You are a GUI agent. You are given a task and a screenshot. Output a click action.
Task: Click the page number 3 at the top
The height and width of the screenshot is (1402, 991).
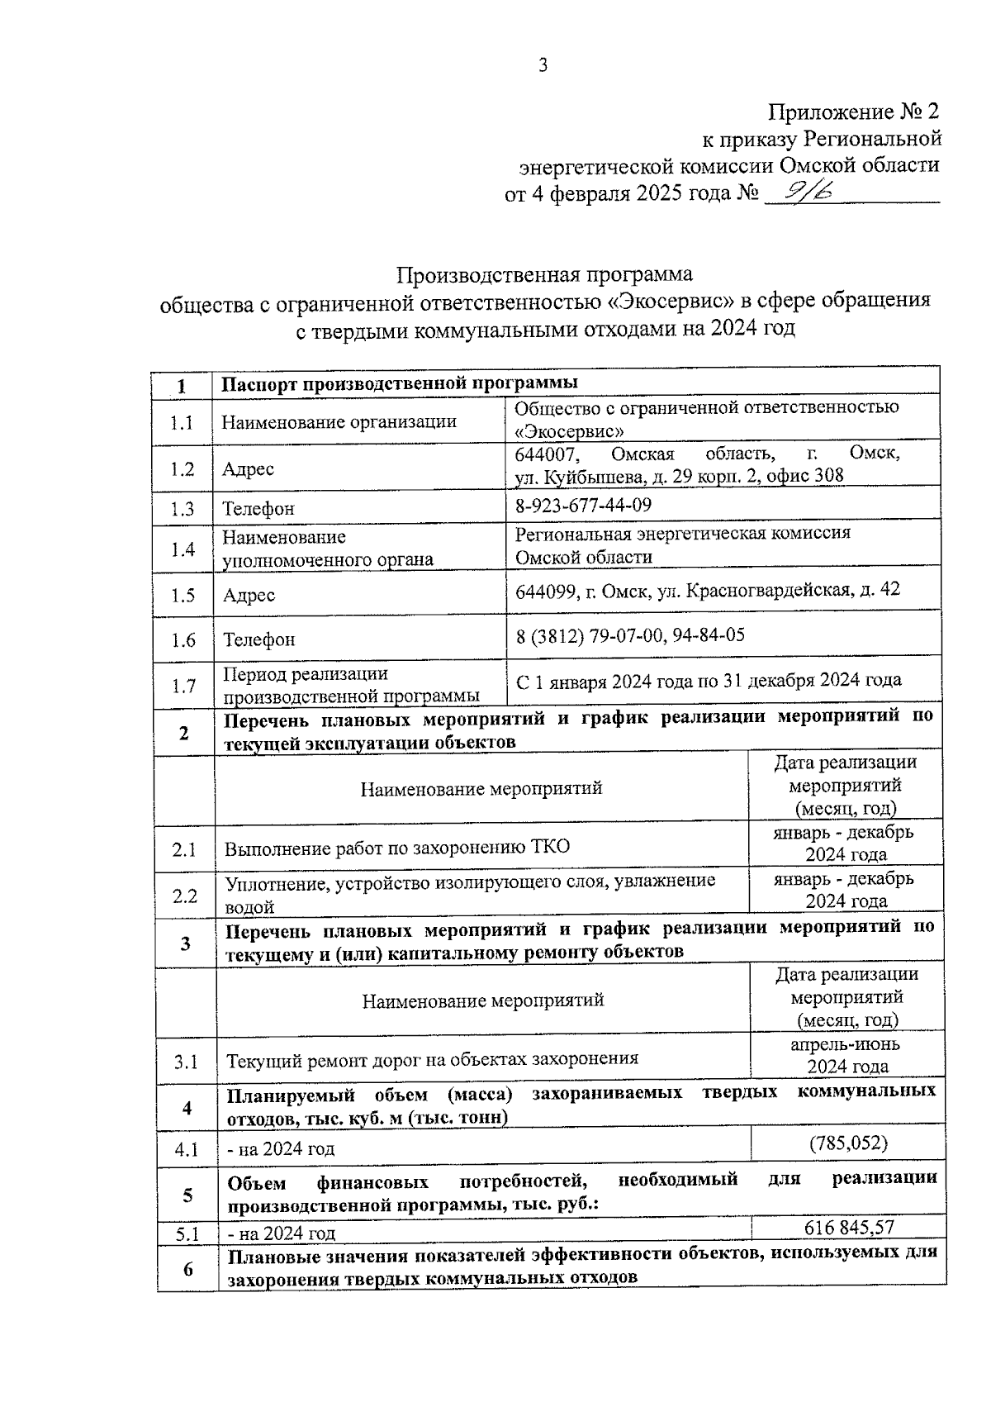click(543, 66)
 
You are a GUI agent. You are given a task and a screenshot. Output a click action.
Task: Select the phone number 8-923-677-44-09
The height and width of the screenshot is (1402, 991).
click(583, 505)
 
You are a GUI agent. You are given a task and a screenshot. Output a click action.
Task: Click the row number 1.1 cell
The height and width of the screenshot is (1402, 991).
click(183, 423)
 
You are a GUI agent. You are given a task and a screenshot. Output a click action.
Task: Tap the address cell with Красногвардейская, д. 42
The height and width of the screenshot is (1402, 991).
click(707, 590)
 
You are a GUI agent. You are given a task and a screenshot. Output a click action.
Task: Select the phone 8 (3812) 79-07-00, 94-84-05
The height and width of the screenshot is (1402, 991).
click(629, 634)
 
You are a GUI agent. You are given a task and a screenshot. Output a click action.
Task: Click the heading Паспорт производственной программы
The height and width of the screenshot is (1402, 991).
click(400, 383)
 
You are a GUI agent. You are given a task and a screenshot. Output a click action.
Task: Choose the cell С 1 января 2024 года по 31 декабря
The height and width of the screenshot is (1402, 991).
click(708, 681)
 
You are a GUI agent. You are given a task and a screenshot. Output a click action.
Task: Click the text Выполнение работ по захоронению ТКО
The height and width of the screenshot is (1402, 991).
click(397, 847)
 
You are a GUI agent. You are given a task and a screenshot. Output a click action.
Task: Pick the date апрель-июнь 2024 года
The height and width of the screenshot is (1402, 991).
click(847, 1055)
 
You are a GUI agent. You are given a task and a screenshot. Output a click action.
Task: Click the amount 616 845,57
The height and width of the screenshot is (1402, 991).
click(849, 1227)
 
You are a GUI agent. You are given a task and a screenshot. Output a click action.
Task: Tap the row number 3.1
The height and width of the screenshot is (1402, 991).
click(186, 1062)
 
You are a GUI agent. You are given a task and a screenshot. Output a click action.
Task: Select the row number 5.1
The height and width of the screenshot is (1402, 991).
click(187, 1234)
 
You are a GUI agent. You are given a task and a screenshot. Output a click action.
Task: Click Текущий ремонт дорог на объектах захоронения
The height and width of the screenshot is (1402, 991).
click(432, 1059)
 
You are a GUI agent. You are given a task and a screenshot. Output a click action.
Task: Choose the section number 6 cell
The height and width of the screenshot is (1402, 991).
click(187, 1268)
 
